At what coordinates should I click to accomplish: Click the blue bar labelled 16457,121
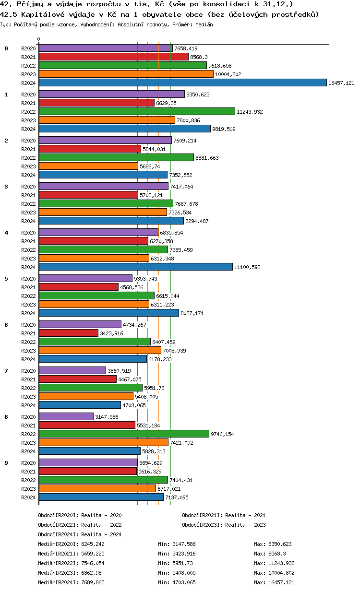182,83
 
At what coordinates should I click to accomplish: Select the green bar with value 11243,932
137,112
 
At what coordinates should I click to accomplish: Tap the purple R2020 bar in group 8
66,417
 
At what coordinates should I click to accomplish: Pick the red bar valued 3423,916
68,333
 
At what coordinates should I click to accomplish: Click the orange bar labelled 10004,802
126,74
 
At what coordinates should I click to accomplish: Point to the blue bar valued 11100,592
135,267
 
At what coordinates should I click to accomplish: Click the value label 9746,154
223,434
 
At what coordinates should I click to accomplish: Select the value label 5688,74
151,166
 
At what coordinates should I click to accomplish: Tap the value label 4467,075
130,379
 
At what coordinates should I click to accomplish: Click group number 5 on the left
6,279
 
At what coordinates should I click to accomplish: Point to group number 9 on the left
6,463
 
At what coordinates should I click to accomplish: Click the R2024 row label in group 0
29,83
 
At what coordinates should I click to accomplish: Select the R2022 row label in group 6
29,342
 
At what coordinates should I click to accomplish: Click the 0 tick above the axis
39,39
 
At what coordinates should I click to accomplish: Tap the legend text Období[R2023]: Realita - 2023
224,525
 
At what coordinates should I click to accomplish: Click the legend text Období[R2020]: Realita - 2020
80,515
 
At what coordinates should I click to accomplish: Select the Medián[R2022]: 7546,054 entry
71,563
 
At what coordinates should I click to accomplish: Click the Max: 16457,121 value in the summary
274,582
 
